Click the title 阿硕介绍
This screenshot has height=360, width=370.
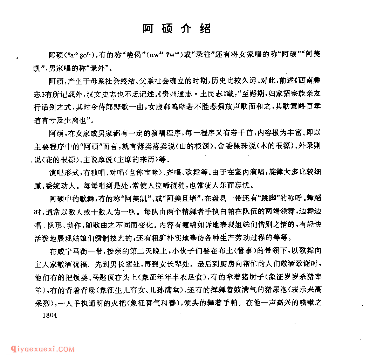(x=177, y=29)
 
